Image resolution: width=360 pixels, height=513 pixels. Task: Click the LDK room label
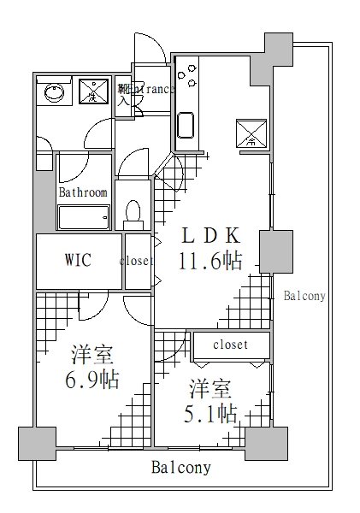210,236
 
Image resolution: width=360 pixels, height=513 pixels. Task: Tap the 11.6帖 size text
210,261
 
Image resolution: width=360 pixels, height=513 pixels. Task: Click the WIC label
78,260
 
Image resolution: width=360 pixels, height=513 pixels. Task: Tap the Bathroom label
83,192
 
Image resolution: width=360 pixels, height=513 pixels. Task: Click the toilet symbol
133,211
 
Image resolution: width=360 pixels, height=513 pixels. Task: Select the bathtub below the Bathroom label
83,217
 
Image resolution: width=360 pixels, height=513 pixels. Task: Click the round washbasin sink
54,91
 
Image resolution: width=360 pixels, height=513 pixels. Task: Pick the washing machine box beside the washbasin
94,91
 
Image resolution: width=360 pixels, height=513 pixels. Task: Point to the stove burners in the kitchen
188,75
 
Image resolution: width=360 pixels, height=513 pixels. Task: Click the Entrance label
149,89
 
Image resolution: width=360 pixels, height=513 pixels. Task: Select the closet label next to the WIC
136,262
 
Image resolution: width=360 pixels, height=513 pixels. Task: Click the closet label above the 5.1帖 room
230,345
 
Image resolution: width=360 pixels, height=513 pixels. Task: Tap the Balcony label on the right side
304,296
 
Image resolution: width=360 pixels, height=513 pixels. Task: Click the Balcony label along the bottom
180,468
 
